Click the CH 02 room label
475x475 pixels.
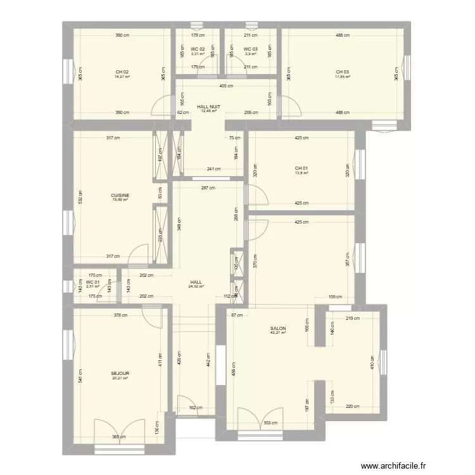click(x=122, y=72)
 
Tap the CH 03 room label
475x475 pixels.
click(x=343, y=72)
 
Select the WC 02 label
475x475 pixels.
click(x=198, y=49)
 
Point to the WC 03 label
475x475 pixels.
click(x=251, y=49)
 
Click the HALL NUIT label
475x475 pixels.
click(x=209, y=106)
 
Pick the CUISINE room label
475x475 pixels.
click(x=120, y=195)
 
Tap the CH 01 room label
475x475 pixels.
click(x=301, y=168)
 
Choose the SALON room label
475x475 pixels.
click(x=278, y=328)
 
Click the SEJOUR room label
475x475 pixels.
click(x=120, y=374)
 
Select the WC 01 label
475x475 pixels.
click(x=93, y=282)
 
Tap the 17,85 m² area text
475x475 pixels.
click(x=343, y=77)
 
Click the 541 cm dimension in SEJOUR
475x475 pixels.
click(x=80, y=376)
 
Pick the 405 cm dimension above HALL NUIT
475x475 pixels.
click(x=226, y=86)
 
